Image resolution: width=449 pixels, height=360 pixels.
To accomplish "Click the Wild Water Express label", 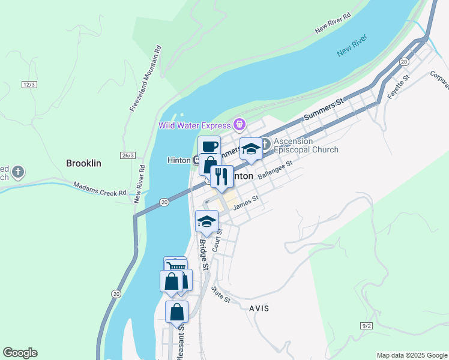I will [194, 125].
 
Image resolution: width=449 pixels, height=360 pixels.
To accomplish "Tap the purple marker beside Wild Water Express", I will [240, 125].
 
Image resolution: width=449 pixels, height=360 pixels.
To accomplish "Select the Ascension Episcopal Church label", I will [306, 145].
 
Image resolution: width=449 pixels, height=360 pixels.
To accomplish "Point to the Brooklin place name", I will [83, 163].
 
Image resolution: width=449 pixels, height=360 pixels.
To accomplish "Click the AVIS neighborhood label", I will [259, 308].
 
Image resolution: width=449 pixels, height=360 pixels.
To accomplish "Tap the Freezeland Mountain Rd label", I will [146, 77].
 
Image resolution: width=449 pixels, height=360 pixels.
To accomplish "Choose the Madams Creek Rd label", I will [100, 190].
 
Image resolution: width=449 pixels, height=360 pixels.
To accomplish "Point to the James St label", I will [246, 203].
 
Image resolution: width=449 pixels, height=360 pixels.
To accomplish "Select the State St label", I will [220, 295].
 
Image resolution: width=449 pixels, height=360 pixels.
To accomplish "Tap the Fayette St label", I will [398, 87].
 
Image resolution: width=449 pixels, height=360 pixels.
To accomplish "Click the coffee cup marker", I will [209, 146].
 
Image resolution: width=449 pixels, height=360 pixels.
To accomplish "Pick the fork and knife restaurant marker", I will [221, 176].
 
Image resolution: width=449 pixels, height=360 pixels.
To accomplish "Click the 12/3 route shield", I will [28, 85].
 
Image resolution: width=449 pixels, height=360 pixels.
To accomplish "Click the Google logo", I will [20, 353].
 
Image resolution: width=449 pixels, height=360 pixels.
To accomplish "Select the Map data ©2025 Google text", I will [412, 355].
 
